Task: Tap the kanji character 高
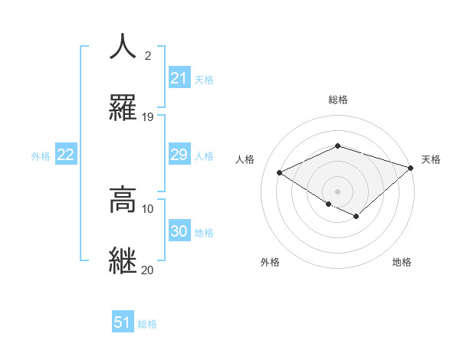(x=123, y=199)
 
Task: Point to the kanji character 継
(x=123, y=260)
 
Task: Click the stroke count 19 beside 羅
(x=148, y=117)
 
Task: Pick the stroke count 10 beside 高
(x=148, y=208)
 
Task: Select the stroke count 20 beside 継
(x=148, y=270)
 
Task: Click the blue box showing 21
(x=179, y=78)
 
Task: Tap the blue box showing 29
(x=179, y=155)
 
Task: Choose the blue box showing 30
(x=179, y=231)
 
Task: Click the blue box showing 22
(x=66, y=155)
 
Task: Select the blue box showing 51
(x=123, y=322)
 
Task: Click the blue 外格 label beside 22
(x=41, y=156)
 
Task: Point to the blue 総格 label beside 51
(x=147, y=324)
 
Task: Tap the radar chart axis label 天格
(x=432, y=159)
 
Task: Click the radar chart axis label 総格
(x=337, y=100)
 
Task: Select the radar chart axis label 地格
(x=402, y=262)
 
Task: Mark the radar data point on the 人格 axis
(x=280, y=173)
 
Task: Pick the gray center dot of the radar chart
(x=337, y=191)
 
